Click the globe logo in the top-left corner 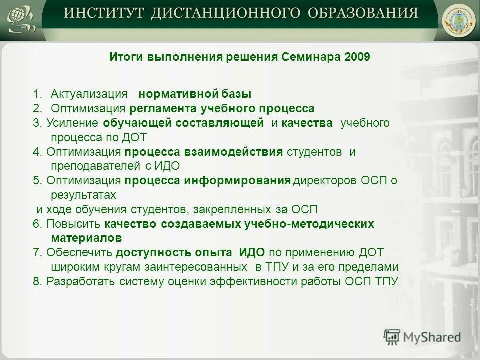point(20,19)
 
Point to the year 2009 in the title point(357,57)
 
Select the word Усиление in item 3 point(74,123)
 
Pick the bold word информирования point(238,180)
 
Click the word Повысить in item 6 point(74,224)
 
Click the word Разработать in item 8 point(81,281)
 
